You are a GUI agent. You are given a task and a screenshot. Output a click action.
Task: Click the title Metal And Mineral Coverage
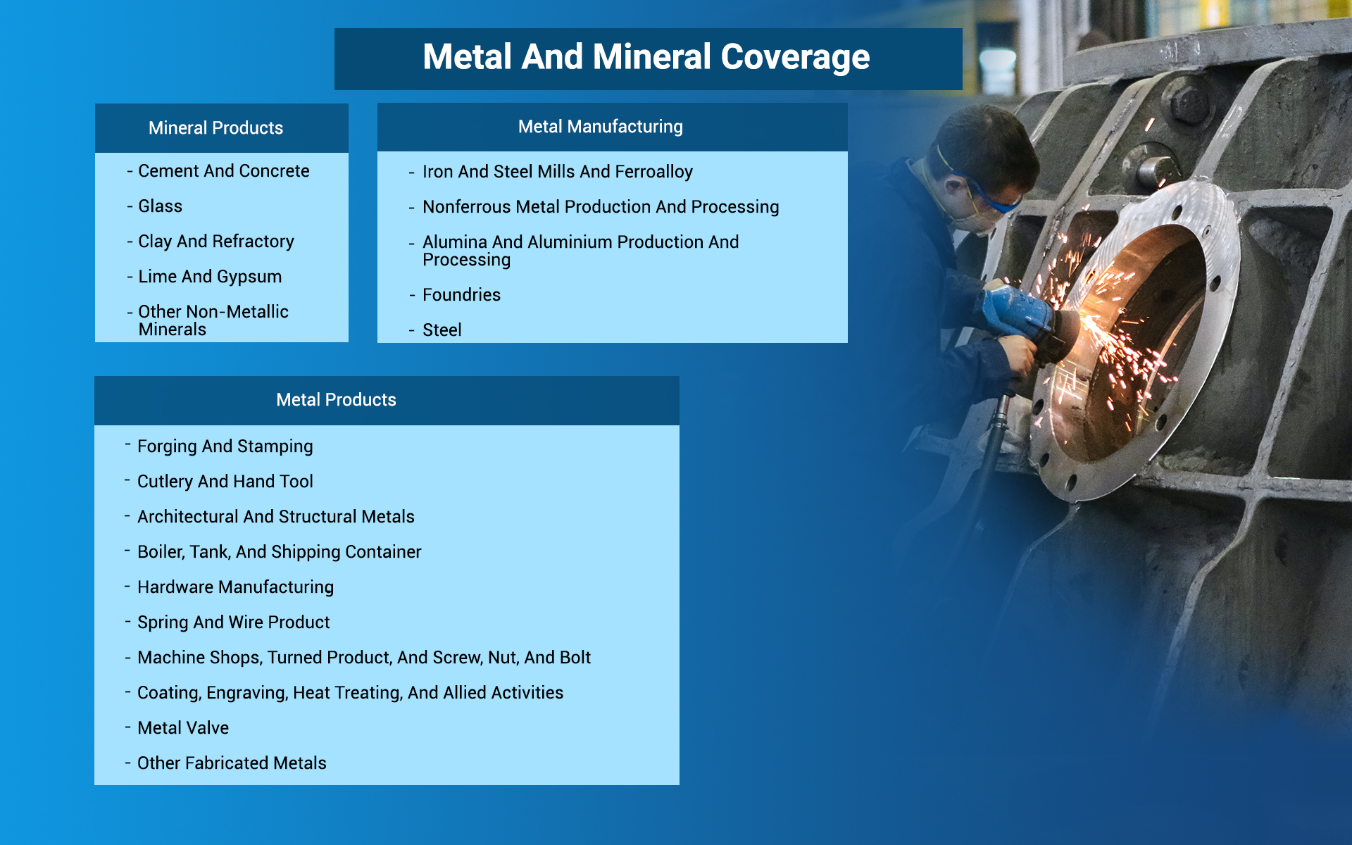point(646,58)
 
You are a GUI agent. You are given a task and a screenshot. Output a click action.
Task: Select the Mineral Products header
point(215,128)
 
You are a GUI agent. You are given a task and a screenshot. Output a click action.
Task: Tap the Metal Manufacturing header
point(600,127)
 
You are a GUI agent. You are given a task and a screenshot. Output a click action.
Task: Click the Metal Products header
point(336,400)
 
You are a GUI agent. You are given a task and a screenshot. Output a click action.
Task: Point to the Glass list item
point(160,206)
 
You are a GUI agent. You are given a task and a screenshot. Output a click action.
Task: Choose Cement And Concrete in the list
point(223,171)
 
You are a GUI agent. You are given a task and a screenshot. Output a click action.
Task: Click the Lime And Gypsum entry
point(210,277)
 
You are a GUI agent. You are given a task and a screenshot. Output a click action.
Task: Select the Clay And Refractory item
point(215,242)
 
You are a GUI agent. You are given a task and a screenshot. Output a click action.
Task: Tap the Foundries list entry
point(461,295)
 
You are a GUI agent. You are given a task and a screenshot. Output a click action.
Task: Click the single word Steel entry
point(442,330)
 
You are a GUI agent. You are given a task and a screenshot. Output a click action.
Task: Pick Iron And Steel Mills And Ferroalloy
point(557,172)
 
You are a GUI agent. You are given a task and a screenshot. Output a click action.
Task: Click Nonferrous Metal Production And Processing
point(600,207)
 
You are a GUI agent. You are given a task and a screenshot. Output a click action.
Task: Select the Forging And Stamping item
point(225,446)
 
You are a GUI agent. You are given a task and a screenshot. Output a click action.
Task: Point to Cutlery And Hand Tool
point(225,482)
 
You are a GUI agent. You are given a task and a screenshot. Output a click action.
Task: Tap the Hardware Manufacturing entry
point(235,587)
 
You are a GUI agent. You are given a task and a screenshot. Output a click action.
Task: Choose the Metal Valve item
point(182,728)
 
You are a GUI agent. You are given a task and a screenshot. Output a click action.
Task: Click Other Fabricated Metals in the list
point(232,763)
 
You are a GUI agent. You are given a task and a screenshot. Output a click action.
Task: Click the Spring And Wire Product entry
point(233,622)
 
